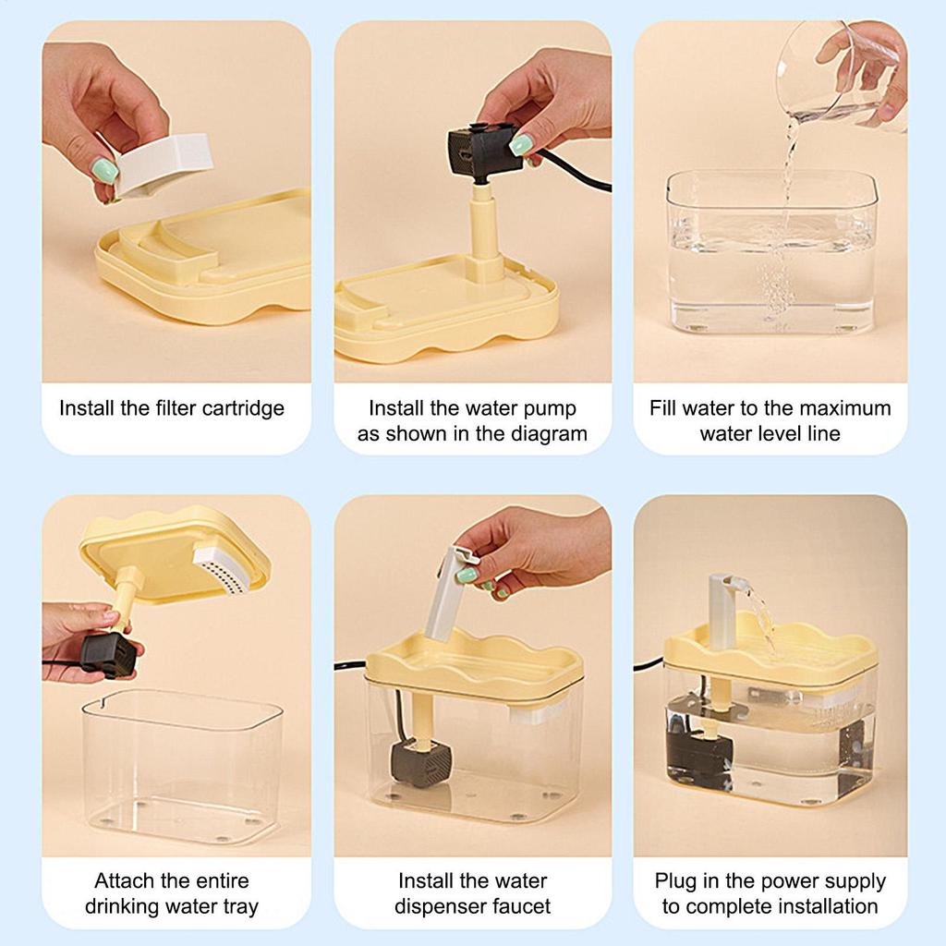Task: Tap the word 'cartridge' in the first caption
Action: pyautogui.click(x=242, y=408)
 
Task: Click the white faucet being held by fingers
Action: pyautogui.click(x=451, y=591)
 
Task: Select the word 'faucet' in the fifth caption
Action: pyautogui.click(x=520, y=906)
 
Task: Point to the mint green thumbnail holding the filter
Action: pyautogui.click(x=104, y=169)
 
